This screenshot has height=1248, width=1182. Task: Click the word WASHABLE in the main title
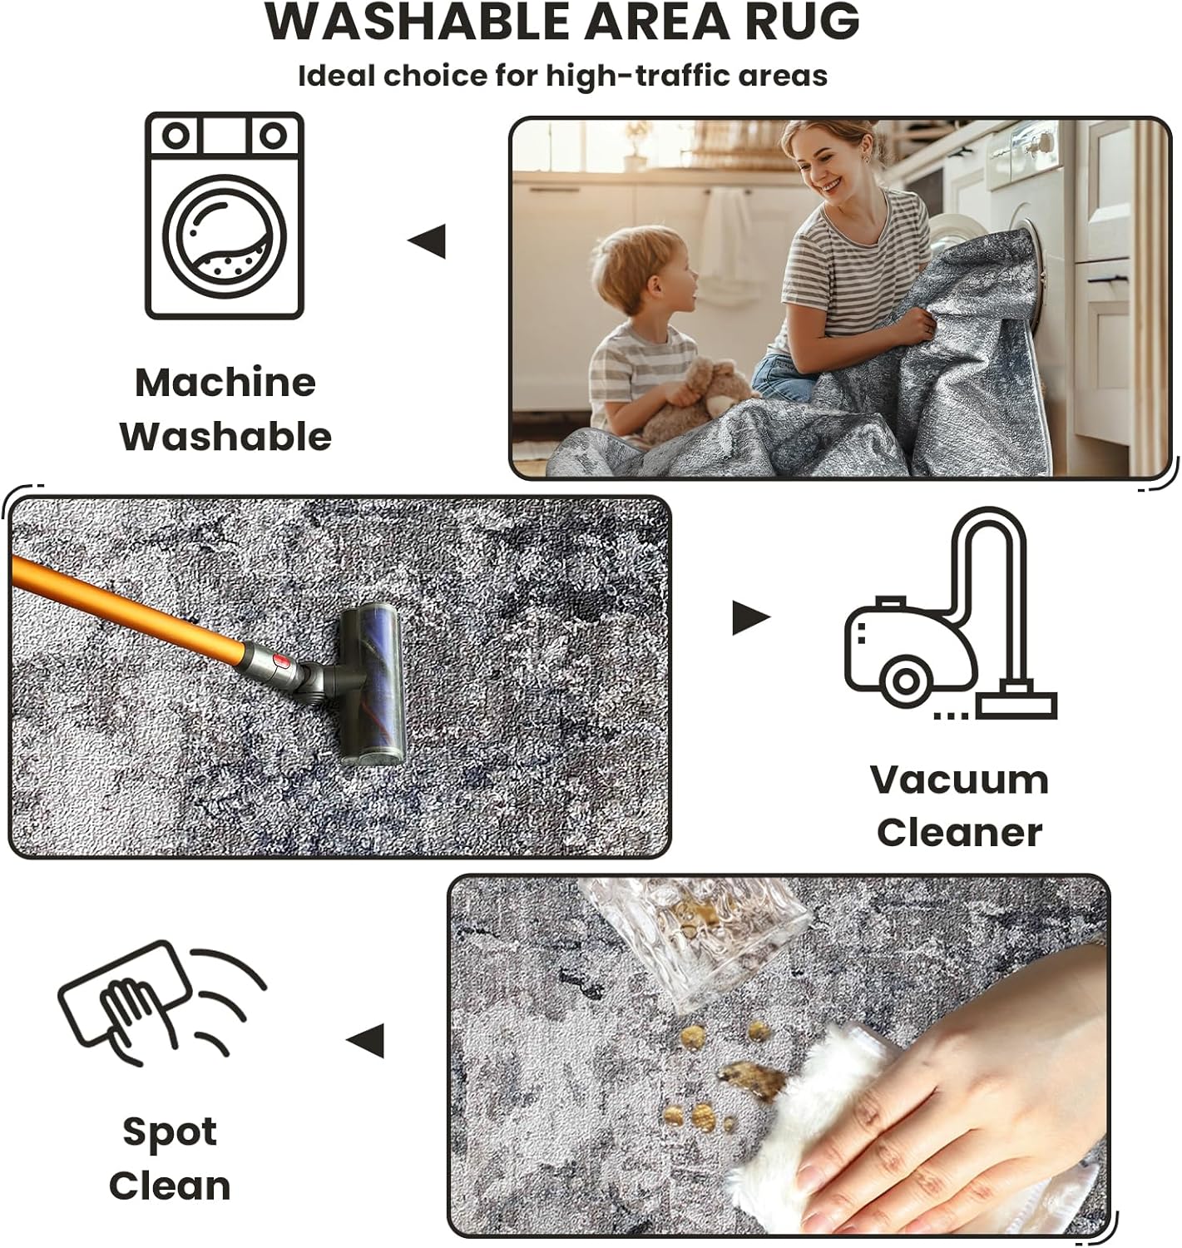click(418, 22)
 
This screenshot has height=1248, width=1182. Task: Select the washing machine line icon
click(224, 215)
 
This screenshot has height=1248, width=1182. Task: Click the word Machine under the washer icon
click(225, 383)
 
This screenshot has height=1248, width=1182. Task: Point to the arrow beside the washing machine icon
click(427, 241)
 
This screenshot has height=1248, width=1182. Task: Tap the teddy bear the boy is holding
click(698, 400)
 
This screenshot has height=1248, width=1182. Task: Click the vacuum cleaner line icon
click(950, 613)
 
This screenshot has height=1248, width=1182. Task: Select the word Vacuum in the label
click(959, 780)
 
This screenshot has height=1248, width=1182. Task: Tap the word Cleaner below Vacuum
click(959, 833)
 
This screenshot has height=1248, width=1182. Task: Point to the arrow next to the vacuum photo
click(752, 617)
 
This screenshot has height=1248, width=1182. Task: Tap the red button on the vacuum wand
click(281, 662)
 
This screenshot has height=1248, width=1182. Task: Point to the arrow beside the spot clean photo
click(365, 1041)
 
